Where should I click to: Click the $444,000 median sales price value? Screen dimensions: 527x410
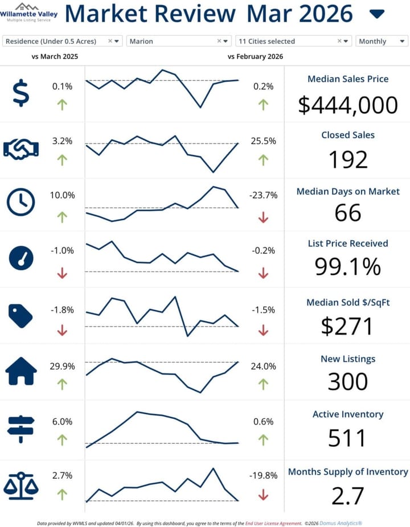tap(348, 105)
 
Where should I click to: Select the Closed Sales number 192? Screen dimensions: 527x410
tap(348, 160)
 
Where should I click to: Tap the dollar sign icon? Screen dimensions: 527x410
tap(20, 94)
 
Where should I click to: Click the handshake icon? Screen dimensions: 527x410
tap(20, 149)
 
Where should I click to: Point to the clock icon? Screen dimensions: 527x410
tap(20, 202)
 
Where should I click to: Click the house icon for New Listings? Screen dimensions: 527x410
tap(20, 372)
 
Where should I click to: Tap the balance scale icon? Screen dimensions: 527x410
tap(20, 485)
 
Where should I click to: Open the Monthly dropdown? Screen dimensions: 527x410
tap(382, 41)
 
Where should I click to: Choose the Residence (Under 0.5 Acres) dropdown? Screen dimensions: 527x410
tap(62, 41)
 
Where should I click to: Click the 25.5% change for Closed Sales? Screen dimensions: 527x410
tap(263, 141)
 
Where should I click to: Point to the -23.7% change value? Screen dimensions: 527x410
tap(263, 195)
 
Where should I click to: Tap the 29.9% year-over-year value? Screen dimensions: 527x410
tap(62, 367)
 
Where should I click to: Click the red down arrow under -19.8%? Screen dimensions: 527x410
tap(263, 496)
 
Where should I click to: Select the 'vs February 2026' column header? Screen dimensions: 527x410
tap(255, 57)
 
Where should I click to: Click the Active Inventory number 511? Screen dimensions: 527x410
tap(348, 438)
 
